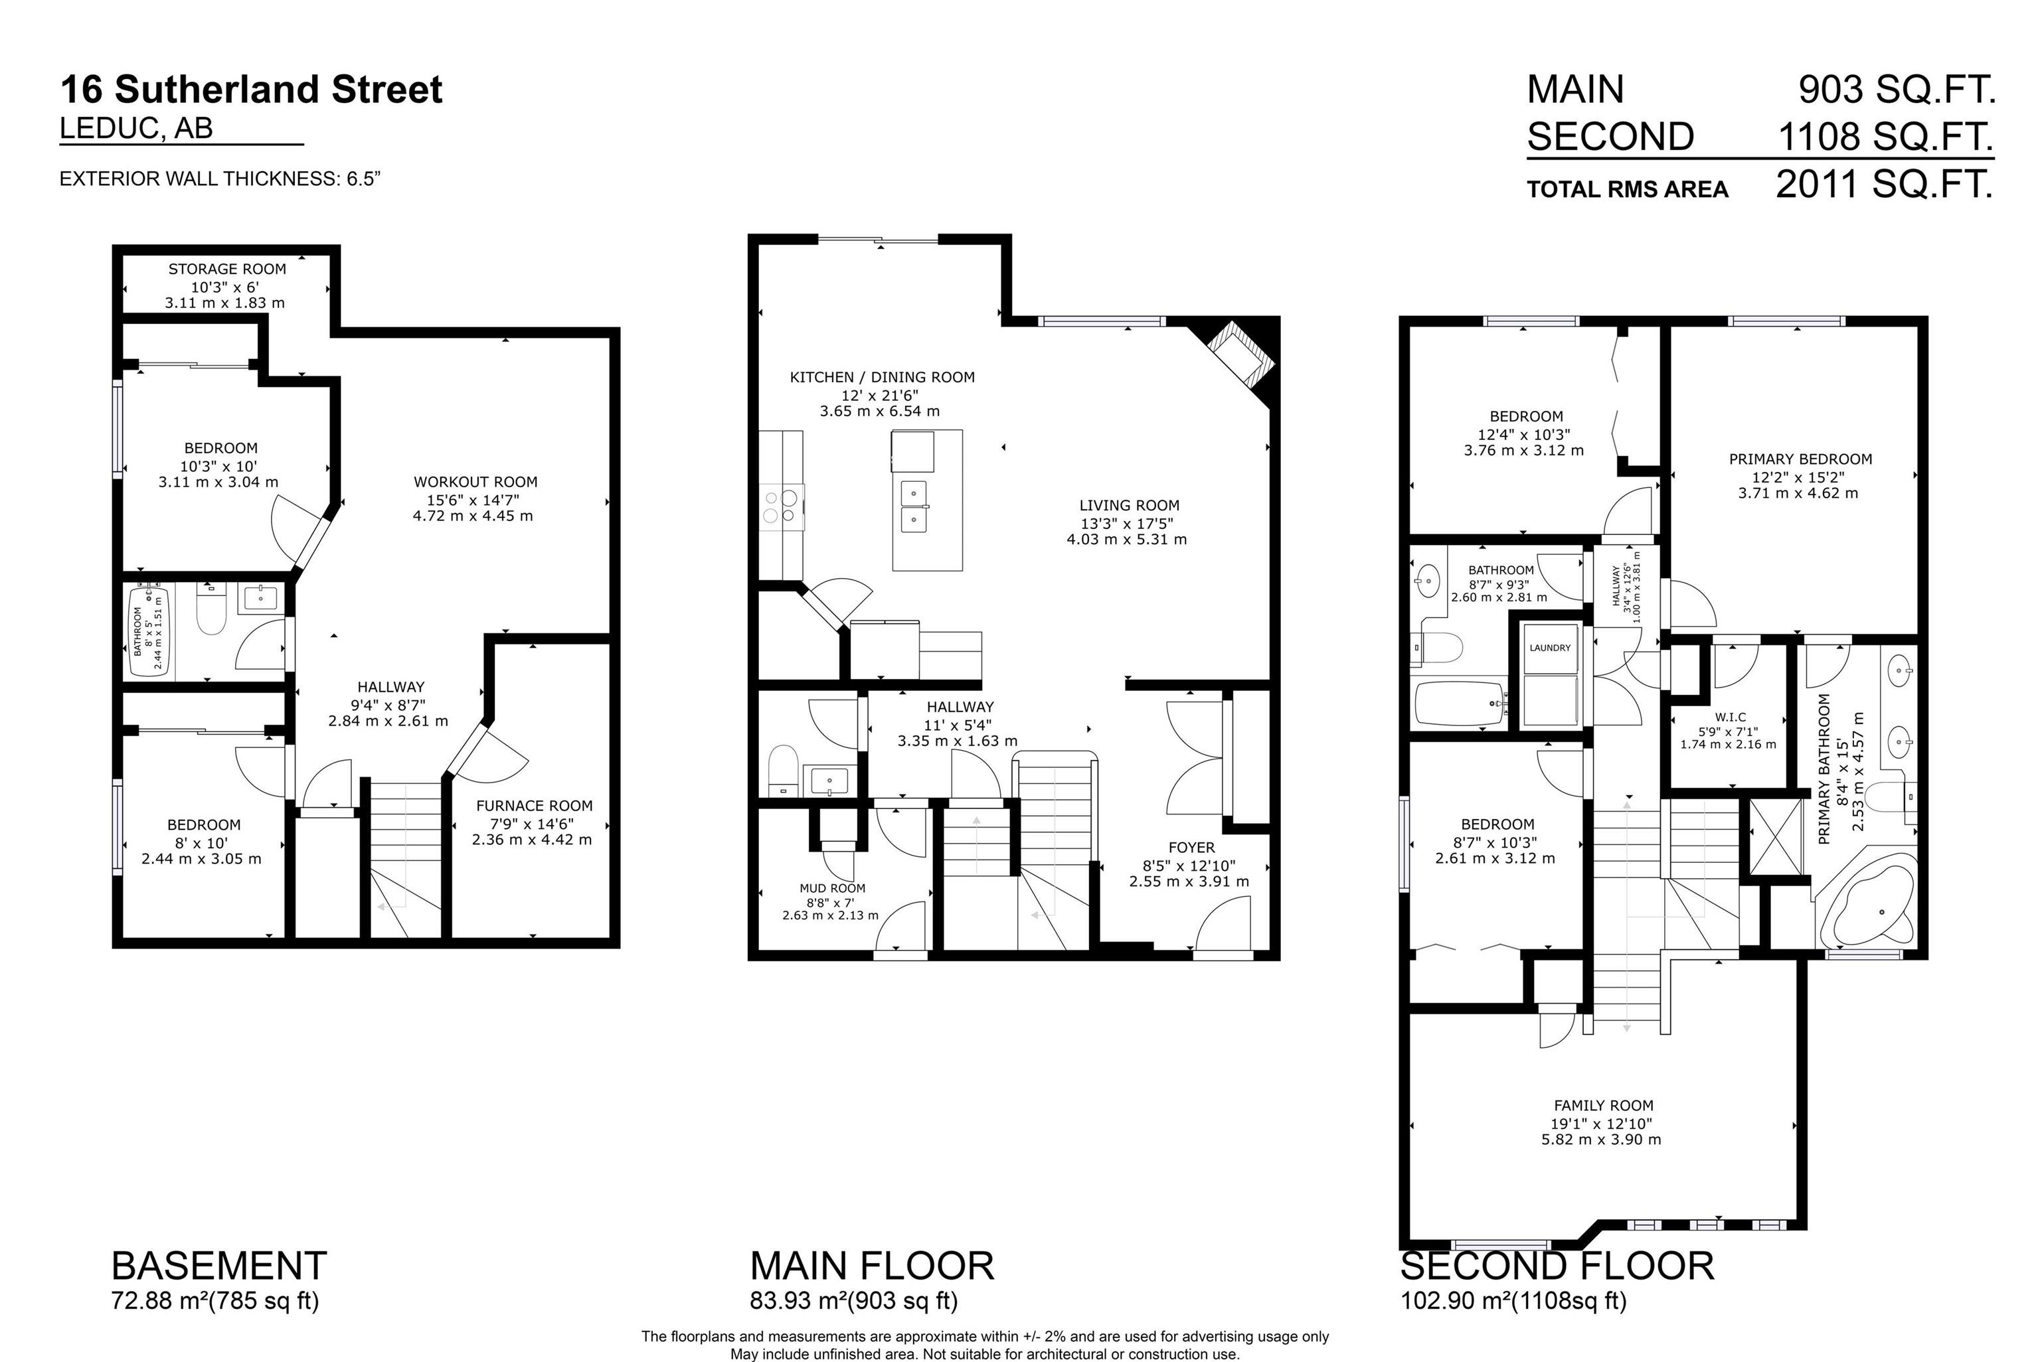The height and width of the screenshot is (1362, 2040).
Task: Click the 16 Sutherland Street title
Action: (x=251, y=90)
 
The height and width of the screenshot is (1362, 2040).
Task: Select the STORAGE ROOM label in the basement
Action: (x=226, y=269)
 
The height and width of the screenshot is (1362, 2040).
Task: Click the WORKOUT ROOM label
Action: (x=475, y=482)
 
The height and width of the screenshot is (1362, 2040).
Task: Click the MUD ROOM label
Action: (x=831, y=889)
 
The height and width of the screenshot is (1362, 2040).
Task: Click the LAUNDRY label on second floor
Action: (x=1550, y=648)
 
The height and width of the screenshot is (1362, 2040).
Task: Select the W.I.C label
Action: (x=1730, y=718)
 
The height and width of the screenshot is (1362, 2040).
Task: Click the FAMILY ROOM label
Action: (x=1603, y=1106)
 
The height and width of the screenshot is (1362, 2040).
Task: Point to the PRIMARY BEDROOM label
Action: (x=1800, y=459)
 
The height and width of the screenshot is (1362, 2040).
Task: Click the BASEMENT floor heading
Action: (x=219, y=1266)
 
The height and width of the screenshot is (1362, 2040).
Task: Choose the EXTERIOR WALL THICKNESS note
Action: (x=220, y=179)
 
